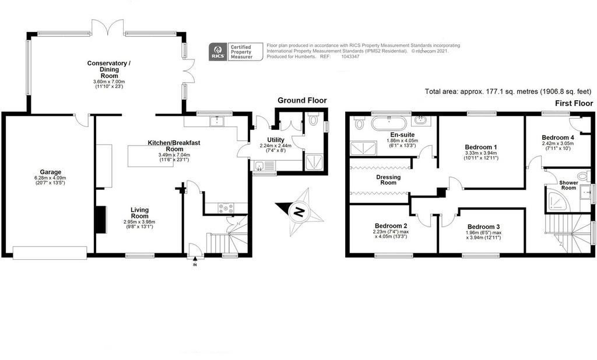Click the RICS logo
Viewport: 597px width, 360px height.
tap(218, 51)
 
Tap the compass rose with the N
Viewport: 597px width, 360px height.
tap(299, 211)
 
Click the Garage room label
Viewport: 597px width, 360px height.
tap(50, 172)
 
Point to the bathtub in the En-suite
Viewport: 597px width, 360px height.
tap(389, 123)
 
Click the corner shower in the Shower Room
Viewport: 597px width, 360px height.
tap(556, 198)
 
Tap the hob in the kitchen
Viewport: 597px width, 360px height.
tap(226, 208)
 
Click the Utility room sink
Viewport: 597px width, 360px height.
tap(259, 165)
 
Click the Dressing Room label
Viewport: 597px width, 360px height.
tap(388, 179)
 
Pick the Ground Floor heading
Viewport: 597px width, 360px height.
tap(302, 100)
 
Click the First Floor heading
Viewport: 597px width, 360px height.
tap(574, 103)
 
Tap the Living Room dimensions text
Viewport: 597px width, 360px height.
tap(139, 224)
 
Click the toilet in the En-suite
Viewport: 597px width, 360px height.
tap(359, 122)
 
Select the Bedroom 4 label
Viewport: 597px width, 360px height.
tap(558, 137)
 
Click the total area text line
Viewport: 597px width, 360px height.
tap(508, 91)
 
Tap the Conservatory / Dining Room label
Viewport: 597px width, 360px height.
tap(109, 69)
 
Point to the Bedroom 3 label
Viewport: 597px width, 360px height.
tap(483, 227)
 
